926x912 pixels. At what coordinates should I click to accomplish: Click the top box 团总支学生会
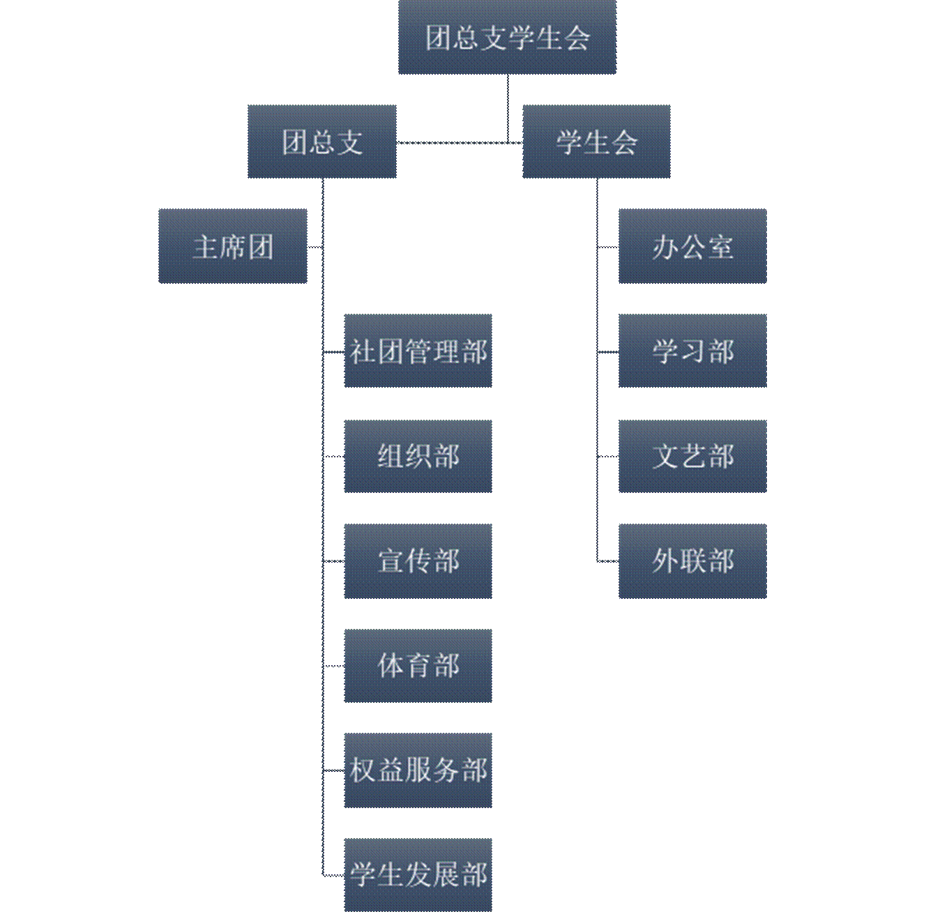click(x=507, y=38)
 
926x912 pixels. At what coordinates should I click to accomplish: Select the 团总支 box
click(x=322, y=142)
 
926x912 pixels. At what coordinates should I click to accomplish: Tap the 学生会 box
click(x=596, y=142)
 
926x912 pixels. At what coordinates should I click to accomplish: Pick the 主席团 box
click(x=232, y=246)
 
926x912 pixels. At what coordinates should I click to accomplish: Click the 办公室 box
click(x=692, y=246)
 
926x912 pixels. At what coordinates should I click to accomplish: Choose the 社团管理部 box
click(x=418, y=351)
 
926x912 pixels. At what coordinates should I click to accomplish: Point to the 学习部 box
click(x=692, y=351)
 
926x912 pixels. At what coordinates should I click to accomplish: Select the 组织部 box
click(x=418, y=456)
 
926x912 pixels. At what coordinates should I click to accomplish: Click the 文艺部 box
click(x=692, y=456)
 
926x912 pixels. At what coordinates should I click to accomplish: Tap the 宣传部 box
click(x=418, y=561)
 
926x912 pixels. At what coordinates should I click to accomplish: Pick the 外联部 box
click(x=692, y=561)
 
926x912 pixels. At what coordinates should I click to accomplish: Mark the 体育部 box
click(x=418, y=665)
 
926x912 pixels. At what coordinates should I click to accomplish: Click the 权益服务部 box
click(x=418, y=770)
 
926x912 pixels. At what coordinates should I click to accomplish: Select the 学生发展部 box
click(x=418, y=874)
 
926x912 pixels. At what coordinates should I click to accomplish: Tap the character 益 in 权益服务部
click(x=390, y=770)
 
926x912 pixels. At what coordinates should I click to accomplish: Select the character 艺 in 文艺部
click(x=693, y=457)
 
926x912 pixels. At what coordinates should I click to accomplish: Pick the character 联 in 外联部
click(x=693, y=561)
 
